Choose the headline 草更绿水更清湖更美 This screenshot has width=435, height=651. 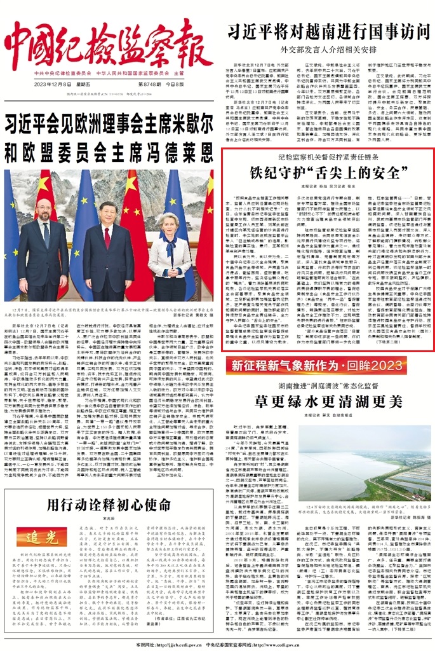pyautogui.click(x=328, y=401)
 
